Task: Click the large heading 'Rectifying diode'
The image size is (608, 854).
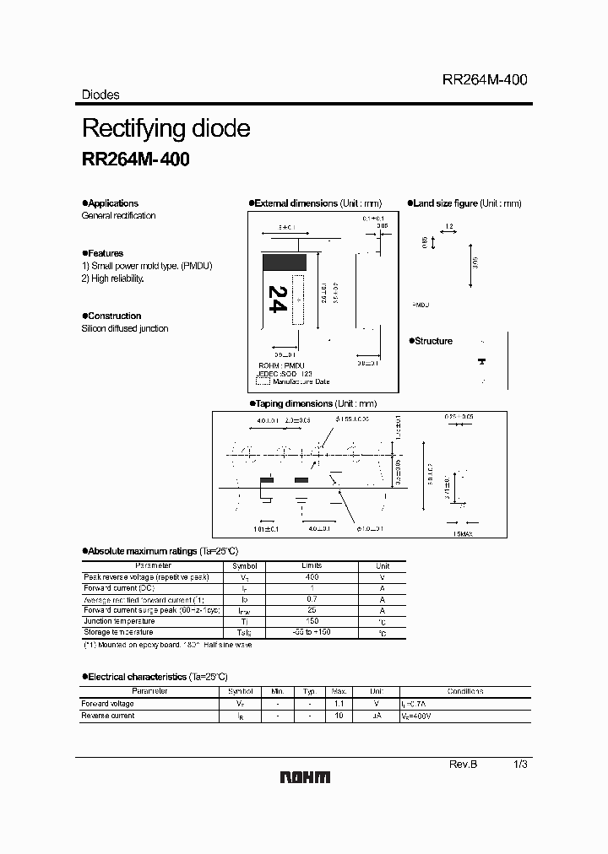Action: click(x=166, y=128)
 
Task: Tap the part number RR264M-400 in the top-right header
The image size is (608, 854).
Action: click(x=485, y=79)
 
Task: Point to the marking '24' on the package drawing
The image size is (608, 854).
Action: click(x=276, y=300)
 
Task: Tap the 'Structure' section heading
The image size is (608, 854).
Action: click(x=433, y=341)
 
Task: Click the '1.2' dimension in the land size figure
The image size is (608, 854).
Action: click(x=448, y=227)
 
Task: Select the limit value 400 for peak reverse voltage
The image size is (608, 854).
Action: click(x=312, y=577)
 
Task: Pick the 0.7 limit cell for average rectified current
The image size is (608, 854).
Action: click(x=312, y=599)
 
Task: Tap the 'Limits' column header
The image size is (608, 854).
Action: click(x=312, y=566)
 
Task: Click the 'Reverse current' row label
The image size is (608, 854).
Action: click(x=108, y=716)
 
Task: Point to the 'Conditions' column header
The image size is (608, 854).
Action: click(x=465, y=691)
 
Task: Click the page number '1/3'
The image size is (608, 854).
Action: click(x=521, y=764)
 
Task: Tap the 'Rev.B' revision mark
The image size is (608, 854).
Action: click(x=463, y=764)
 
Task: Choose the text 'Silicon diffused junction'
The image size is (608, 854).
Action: click(x=125, y=328)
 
